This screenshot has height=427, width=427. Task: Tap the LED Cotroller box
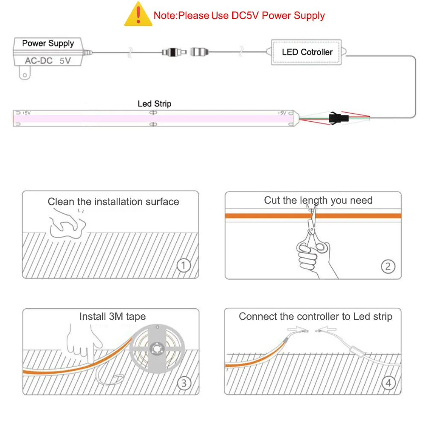(x=307, y=52)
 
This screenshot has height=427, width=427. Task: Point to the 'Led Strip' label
(x=155, y=104)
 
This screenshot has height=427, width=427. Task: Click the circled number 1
(x=184, y=266)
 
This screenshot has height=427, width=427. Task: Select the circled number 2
(x=388, y=266)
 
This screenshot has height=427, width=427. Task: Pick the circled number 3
(x=184, y=383)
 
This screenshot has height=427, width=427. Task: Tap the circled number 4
(x=388, y=383)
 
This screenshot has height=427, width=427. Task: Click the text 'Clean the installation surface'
(x=113, y=202)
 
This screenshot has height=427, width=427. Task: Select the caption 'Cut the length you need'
(x=318, y=200)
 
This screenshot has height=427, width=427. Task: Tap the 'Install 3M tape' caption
(x=112, y=316)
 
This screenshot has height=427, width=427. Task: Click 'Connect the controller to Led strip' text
(x=315, y=316)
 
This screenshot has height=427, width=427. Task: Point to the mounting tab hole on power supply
(x=26, y=76)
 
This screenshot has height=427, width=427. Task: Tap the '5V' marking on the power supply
(x=65, y=61)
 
